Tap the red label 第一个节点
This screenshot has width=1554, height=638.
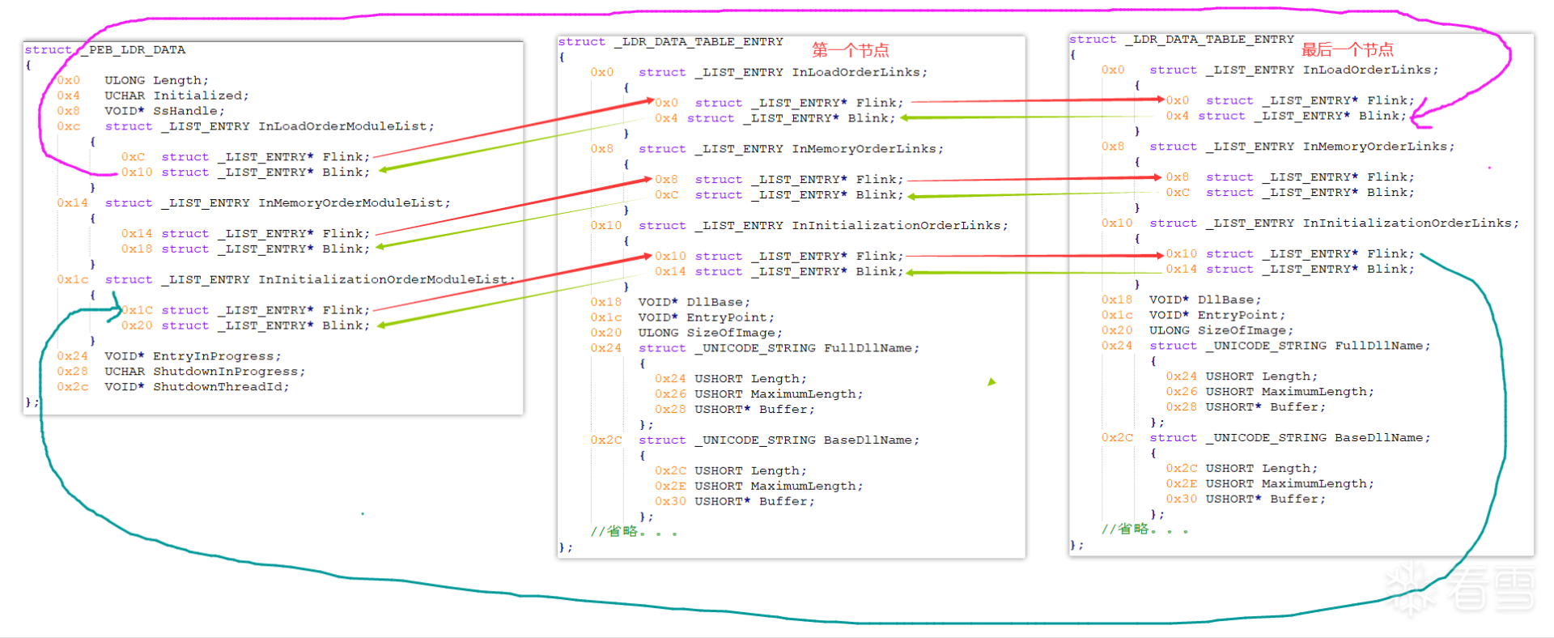click(851, 50)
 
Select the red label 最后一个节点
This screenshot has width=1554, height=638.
click(1348, 49)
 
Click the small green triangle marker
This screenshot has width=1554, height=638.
click(991, 381)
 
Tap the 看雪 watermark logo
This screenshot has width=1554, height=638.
click(1461, 589)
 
